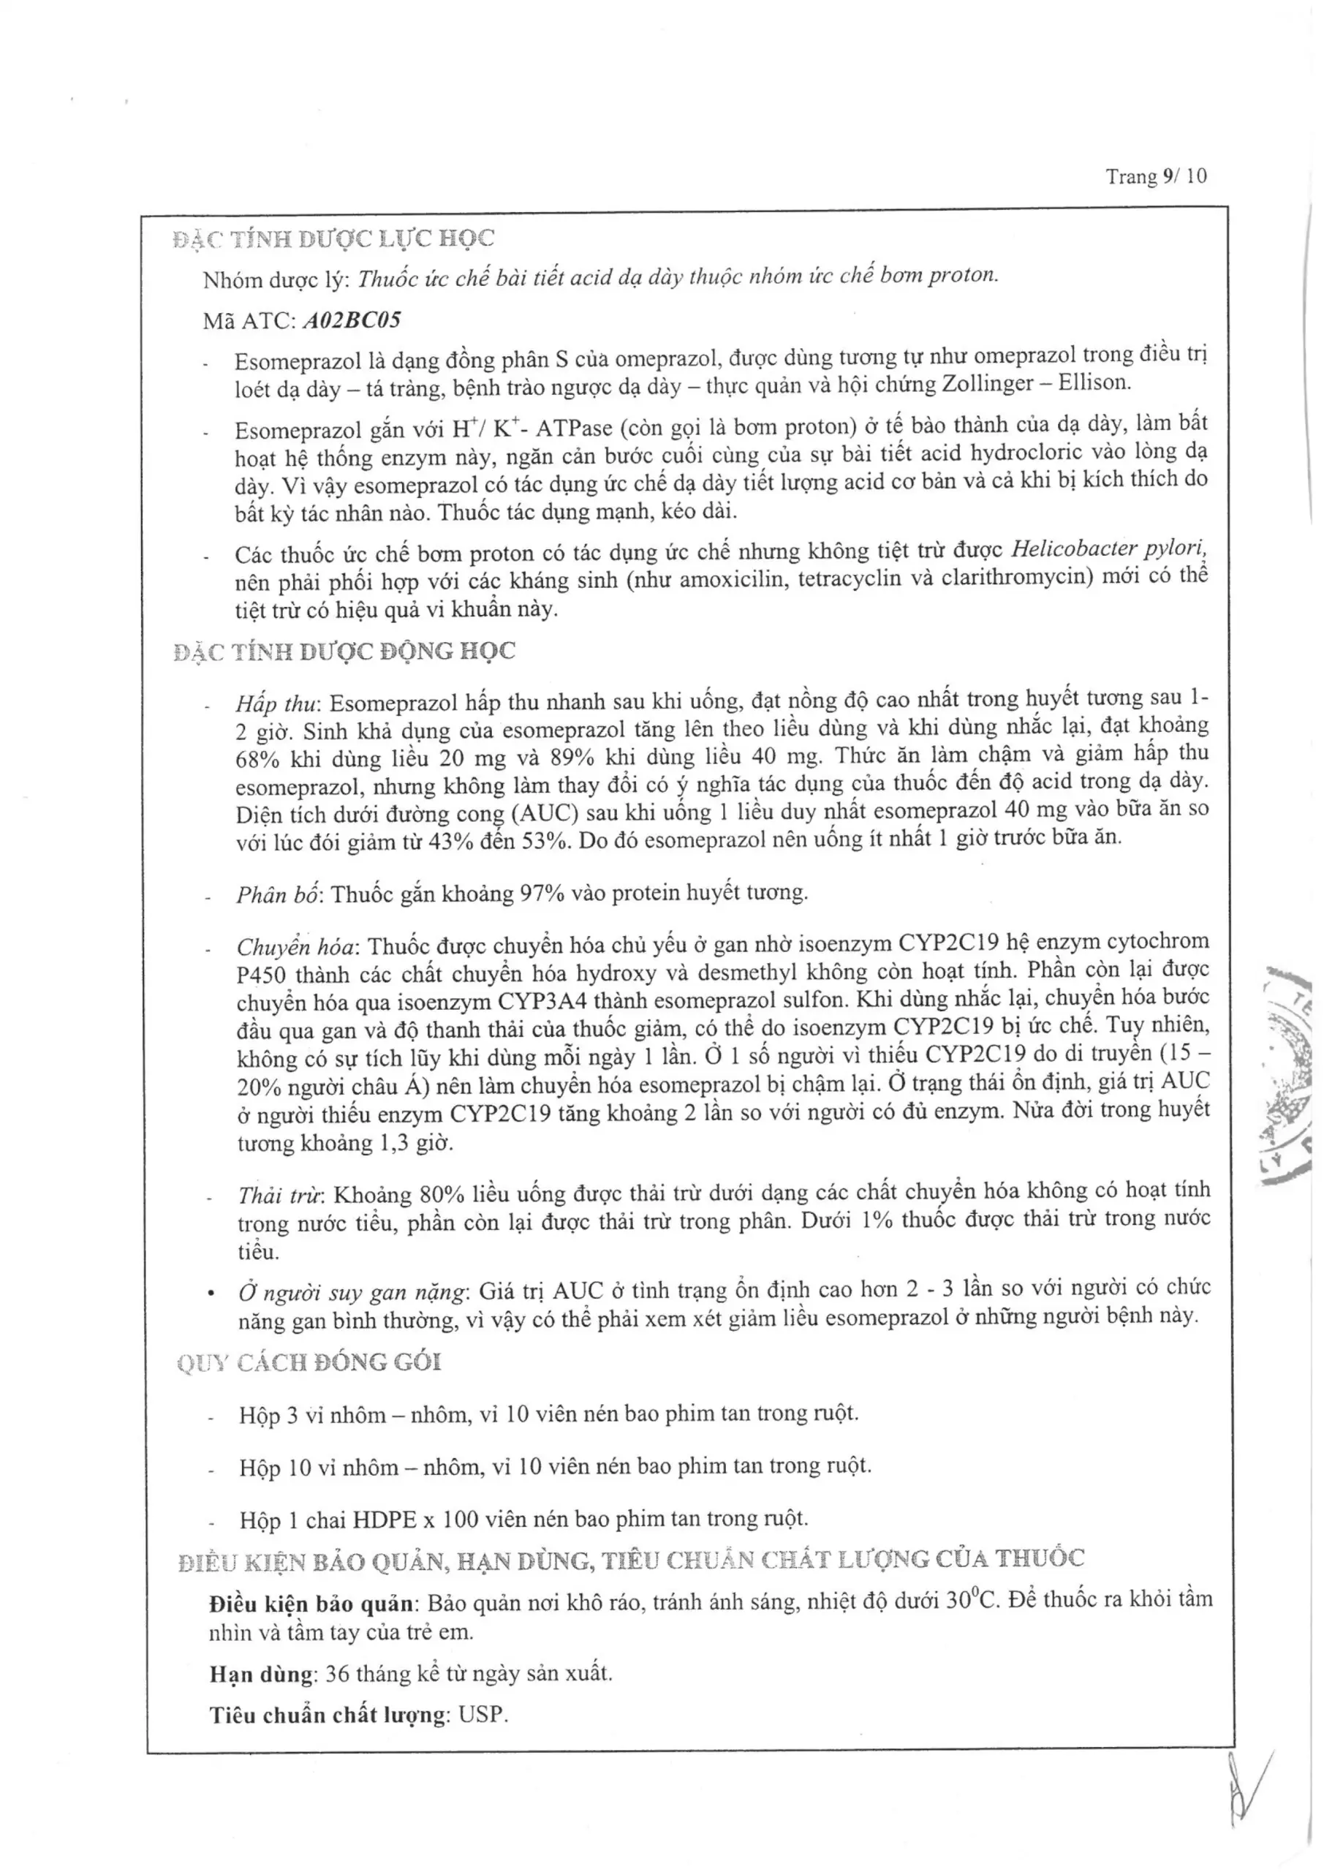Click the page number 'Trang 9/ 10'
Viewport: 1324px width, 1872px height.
(x=1155, y=176)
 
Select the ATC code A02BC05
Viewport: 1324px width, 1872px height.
(x=352, y=320)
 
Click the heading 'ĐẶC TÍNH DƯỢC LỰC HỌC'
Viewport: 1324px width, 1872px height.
(x=333, y=238)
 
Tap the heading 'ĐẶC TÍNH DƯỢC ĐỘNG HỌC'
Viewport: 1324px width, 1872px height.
(x=344, y=652)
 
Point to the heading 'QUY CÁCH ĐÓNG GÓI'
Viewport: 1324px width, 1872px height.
(x=309, y=1362)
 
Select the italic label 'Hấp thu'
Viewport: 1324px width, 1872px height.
(x=277, y=703)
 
